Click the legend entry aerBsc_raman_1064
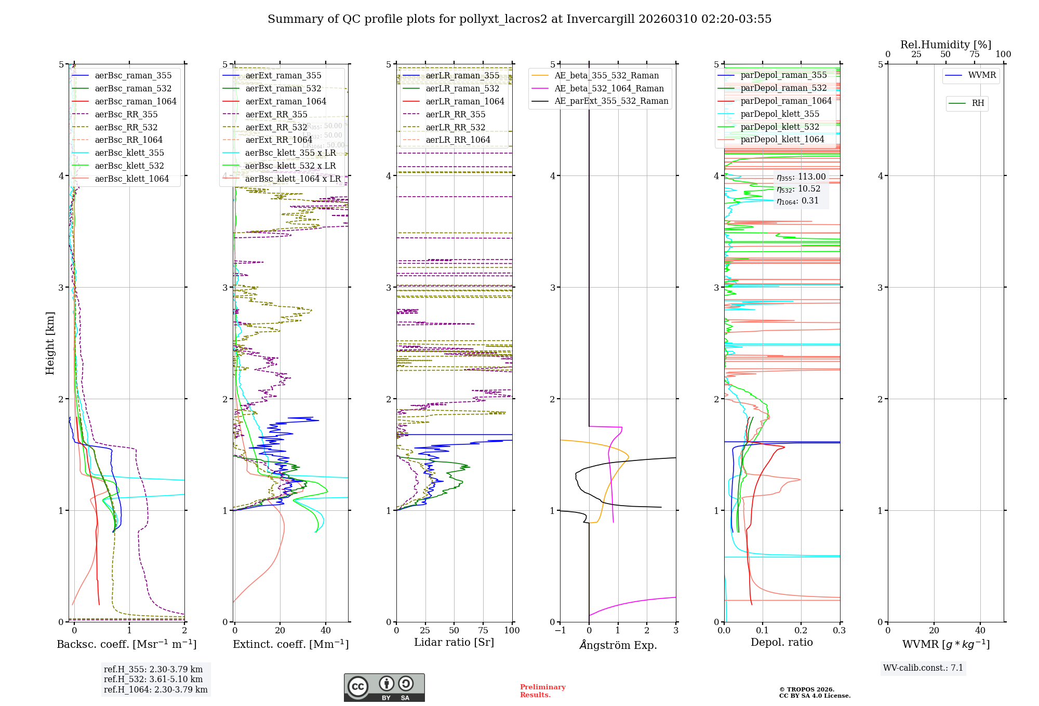[x=135, y=102]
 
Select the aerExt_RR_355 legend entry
[x=276, y=115]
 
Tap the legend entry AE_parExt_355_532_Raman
[x=611, y=101]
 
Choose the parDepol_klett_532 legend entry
[x=779, y=127]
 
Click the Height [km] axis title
[x=50, y=343]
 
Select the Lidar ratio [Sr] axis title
[x=454, y=643]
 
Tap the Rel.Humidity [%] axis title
[x=945, y=45]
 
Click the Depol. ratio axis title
[x=781, y=643]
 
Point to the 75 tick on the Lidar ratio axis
[x=483, y=631]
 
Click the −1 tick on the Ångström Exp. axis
[x=560, y=631]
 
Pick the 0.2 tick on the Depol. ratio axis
[x=801, y=631]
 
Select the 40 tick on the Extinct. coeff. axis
[x=326, y=631]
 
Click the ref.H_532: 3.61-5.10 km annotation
[x=153, y=680]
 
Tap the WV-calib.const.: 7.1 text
[x=923, y=668]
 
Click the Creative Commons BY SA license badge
[x=384, y=687]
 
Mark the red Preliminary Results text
[x=542, y=691]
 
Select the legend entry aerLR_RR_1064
[x=458, y=140]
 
